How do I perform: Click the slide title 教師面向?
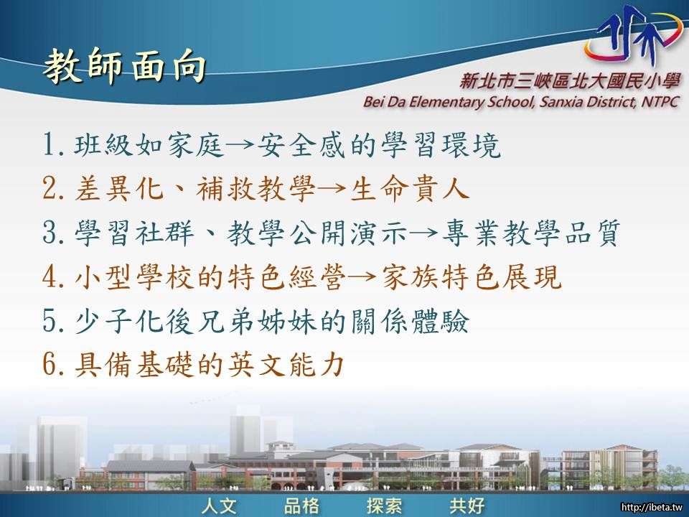pos(125,66)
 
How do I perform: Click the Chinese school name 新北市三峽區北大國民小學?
pos(569,80)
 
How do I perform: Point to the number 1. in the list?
pos(55,144)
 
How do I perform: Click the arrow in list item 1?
pos(240,144)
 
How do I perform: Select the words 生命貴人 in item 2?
pos(409,189)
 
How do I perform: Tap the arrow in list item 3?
pos(424,233)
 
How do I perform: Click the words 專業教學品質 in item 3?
pos(531,233)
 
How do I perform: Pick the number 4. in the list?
pos(55,277)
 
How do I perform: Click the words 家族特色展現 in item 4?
pos(472,277)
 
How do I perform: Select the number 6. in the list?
pos(55,365)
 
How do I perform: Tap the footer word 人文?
pos(220,506)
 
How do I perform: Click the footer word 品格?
pos(302,506)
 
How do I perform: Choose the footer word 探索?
pos(385,506)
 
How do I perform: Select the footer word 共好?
pos(467,506)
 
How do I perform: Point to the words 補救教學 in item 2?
pos(256,189)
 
